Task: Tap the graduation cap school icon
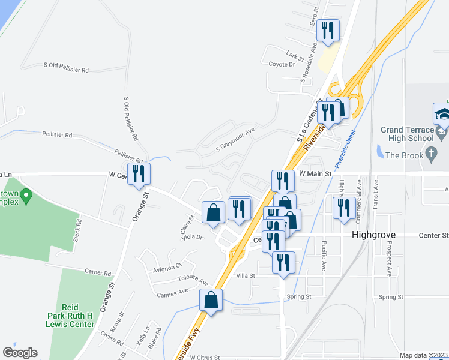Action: tap(441, 113)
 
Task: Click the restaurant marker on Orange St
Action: tap(139, 174)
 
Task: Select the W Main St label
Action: tap(315, 173)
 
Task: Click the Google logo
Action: tap(20, 353)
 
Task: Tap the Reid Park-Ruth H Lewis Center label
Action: tap(71, 315)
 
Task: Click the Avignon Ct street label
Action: tap(167, 265)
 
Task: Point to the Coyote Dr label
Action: tap(282, 64)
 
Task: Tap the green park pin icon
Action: tap(25, 196)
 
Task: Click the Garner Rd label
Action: tap(98, 272)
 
